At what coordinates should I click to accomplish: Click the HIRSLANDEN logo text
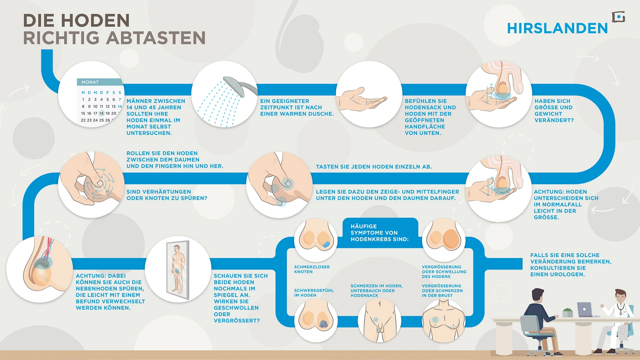(x=557, y=28)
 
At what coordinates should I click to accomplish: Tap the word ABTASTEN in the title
(x=156, y=38)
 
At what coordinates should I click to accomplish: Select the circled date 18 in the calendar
(x=101, y=113)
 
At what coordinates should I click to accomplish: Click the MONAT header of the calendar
(x=90, y=82)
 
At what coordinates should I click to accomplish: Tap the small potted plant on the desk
(x=567, y=313)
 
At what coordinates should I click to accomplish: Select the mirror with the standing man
(x=178, y=270)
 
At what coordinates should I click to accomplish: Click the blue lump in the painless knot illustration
(x=326, y=244)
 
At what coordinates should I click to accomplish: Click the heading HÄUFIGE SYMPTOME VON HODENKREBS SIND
(x=379, y=233)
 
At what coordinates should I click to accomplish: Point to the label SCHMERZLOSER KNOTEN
(x=312, y=269)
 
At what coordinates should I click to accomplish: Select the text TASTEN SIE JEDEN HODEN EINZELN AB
(x=374, y=167)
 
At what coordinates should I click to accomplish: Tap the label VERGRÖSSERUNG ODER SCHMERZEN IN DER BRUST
(x=442, y=291)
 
